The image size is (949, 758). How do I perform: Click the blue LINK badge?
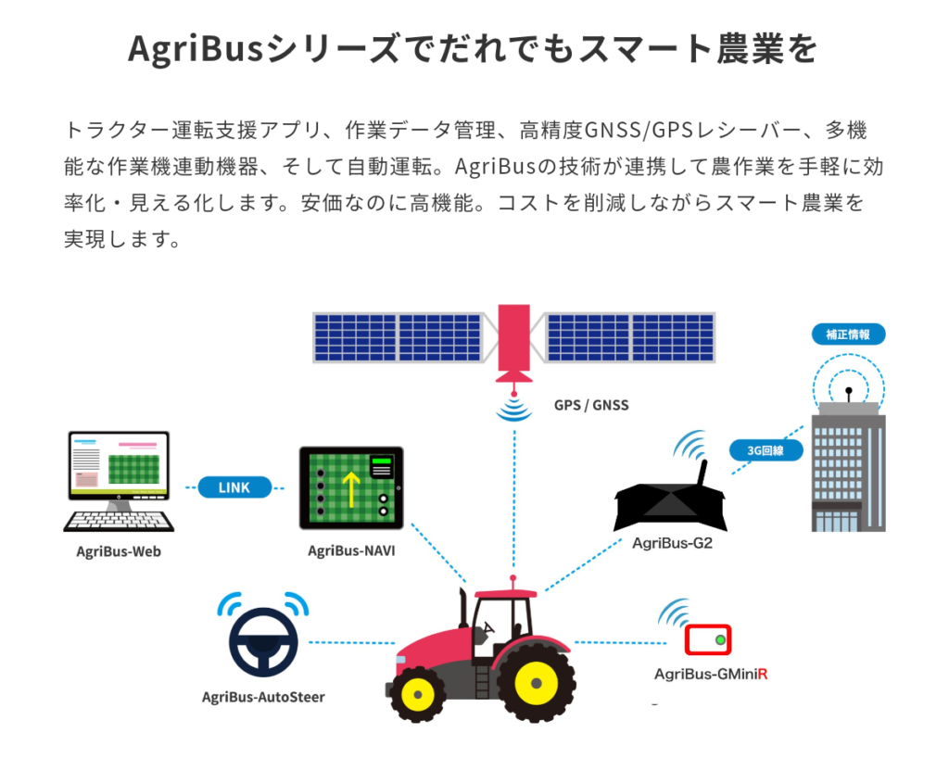tap(234, 487)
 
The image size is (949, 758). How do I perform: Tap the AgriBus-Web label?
tap(119, 551)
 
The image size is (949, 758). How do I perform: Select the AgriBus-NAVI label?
tap(351, 551)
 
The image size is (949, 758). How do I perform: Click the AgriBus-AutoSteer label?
tap(263, 698)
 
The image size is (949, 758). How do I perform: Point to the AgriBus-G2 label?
tap(673, 543)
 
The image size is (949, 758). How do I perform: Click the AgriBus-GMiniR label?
tap(711, 675)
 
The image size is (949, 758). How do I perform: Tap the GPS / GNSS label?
tap(591, 405)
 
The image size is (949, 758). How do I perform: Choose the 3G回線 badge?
tap(766, 450)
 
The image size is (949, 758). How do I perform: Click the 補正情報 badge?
tap(848, 335)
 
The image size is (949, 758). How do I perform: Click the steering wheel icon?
tap(263, 642)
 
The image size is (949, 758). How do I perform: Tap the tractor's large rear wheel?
tap(537, 683)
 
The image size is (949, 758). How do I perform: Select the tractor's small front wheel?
tap(418, 694)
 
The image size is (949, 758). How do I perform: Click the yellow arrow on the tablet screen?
tap(351, 488)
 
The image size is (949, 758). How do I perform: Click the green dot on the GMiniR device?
tap(720, 639)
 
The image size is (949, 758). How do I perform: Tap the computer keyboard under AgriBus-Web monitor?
tap(119, 522)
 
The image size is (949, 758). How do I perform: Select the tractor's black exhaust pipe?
tap(463, 608)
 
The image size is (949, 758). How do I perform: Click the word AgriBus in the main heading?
tap(196, 48)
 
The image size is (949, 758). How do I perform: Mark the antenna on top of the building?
tap(849, 395)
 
